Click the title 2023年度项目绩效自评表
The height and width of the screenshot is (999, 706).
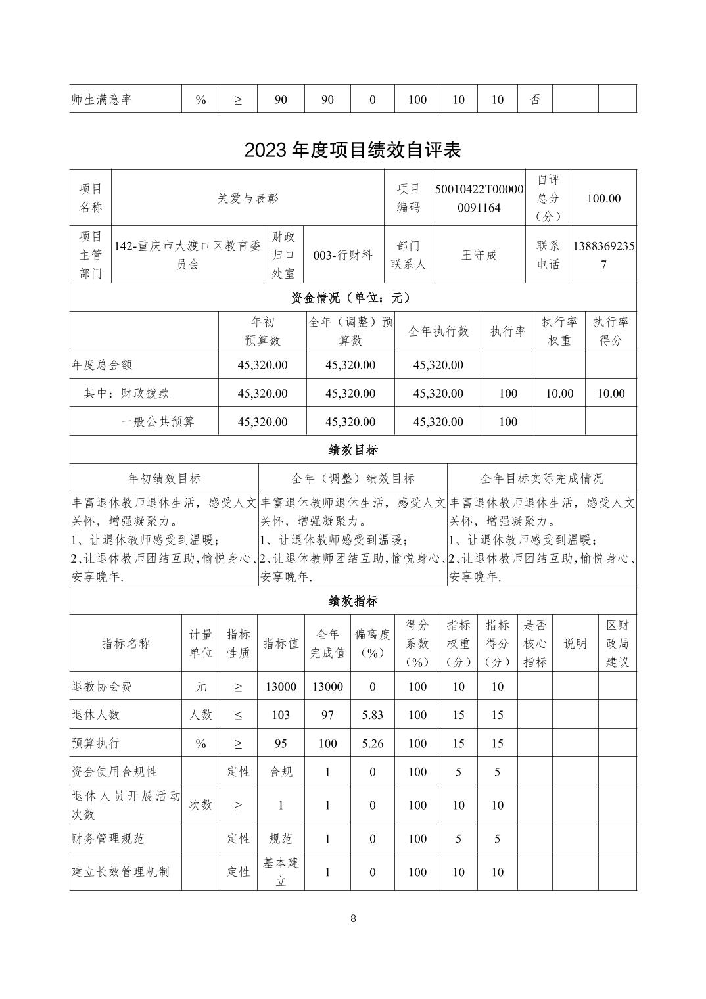coord(352,150)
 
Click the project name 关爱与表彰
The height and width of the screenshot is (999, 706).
coord(248,198)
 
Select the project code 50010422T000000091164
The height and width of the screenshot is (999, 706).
coord(479,198)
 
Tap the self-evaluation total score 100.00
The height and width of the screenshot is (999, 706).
coord(603,198)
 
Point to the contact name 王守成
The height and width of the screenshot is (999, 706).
coord(479,255)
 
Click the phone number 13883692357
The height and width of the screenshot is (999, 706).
coord(603,255)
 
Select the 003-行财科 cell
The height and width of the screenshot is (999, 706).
coord(343,255)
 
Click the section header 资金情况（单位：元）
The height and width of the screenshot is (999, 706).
coord(352,298)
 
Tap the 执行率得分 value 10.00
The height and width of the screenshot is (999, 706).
coord(610,393)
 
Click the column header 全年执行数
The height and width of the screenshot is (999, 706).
coord(438,331)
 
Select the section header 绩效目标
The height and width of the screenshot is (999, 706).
coord(352,450)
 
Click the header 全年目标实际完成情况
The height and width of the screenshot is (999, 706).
coord(542,478)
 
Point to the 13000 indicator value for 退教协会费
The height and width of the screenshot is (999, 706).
coord(281,686)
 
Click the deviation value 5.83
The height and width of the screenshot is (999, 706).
coord(372,714)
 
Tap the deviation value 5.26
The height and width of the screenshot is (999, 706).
coord(372,743)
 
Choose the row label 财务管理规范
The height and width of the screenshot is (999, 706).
coord(108,839)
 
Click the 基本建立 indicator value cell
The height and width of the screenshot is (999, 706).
coord(281,871)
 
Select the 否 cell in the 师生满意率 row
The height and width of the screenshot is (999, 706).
coord(535,99)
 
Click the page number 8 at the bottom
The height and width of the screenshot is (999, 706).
coord(353,918)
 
